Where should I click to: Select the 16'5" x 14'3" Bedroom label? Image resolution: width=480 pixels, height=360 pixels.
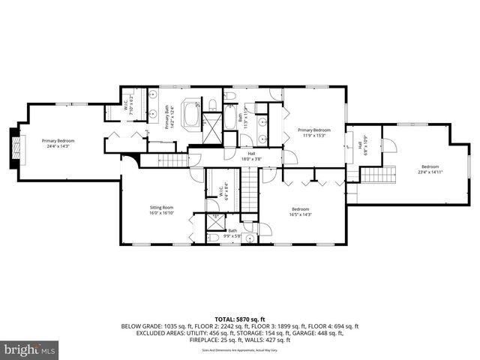300,211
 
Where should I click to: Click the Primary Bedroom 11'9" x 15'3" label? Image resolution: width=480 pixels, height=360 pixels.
314,132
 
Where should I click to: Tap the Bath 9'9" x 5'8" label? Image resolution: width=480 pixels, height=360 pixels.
232,232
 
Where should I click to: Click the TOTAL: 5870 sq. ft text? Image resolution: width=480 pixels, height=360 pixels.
239,318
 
